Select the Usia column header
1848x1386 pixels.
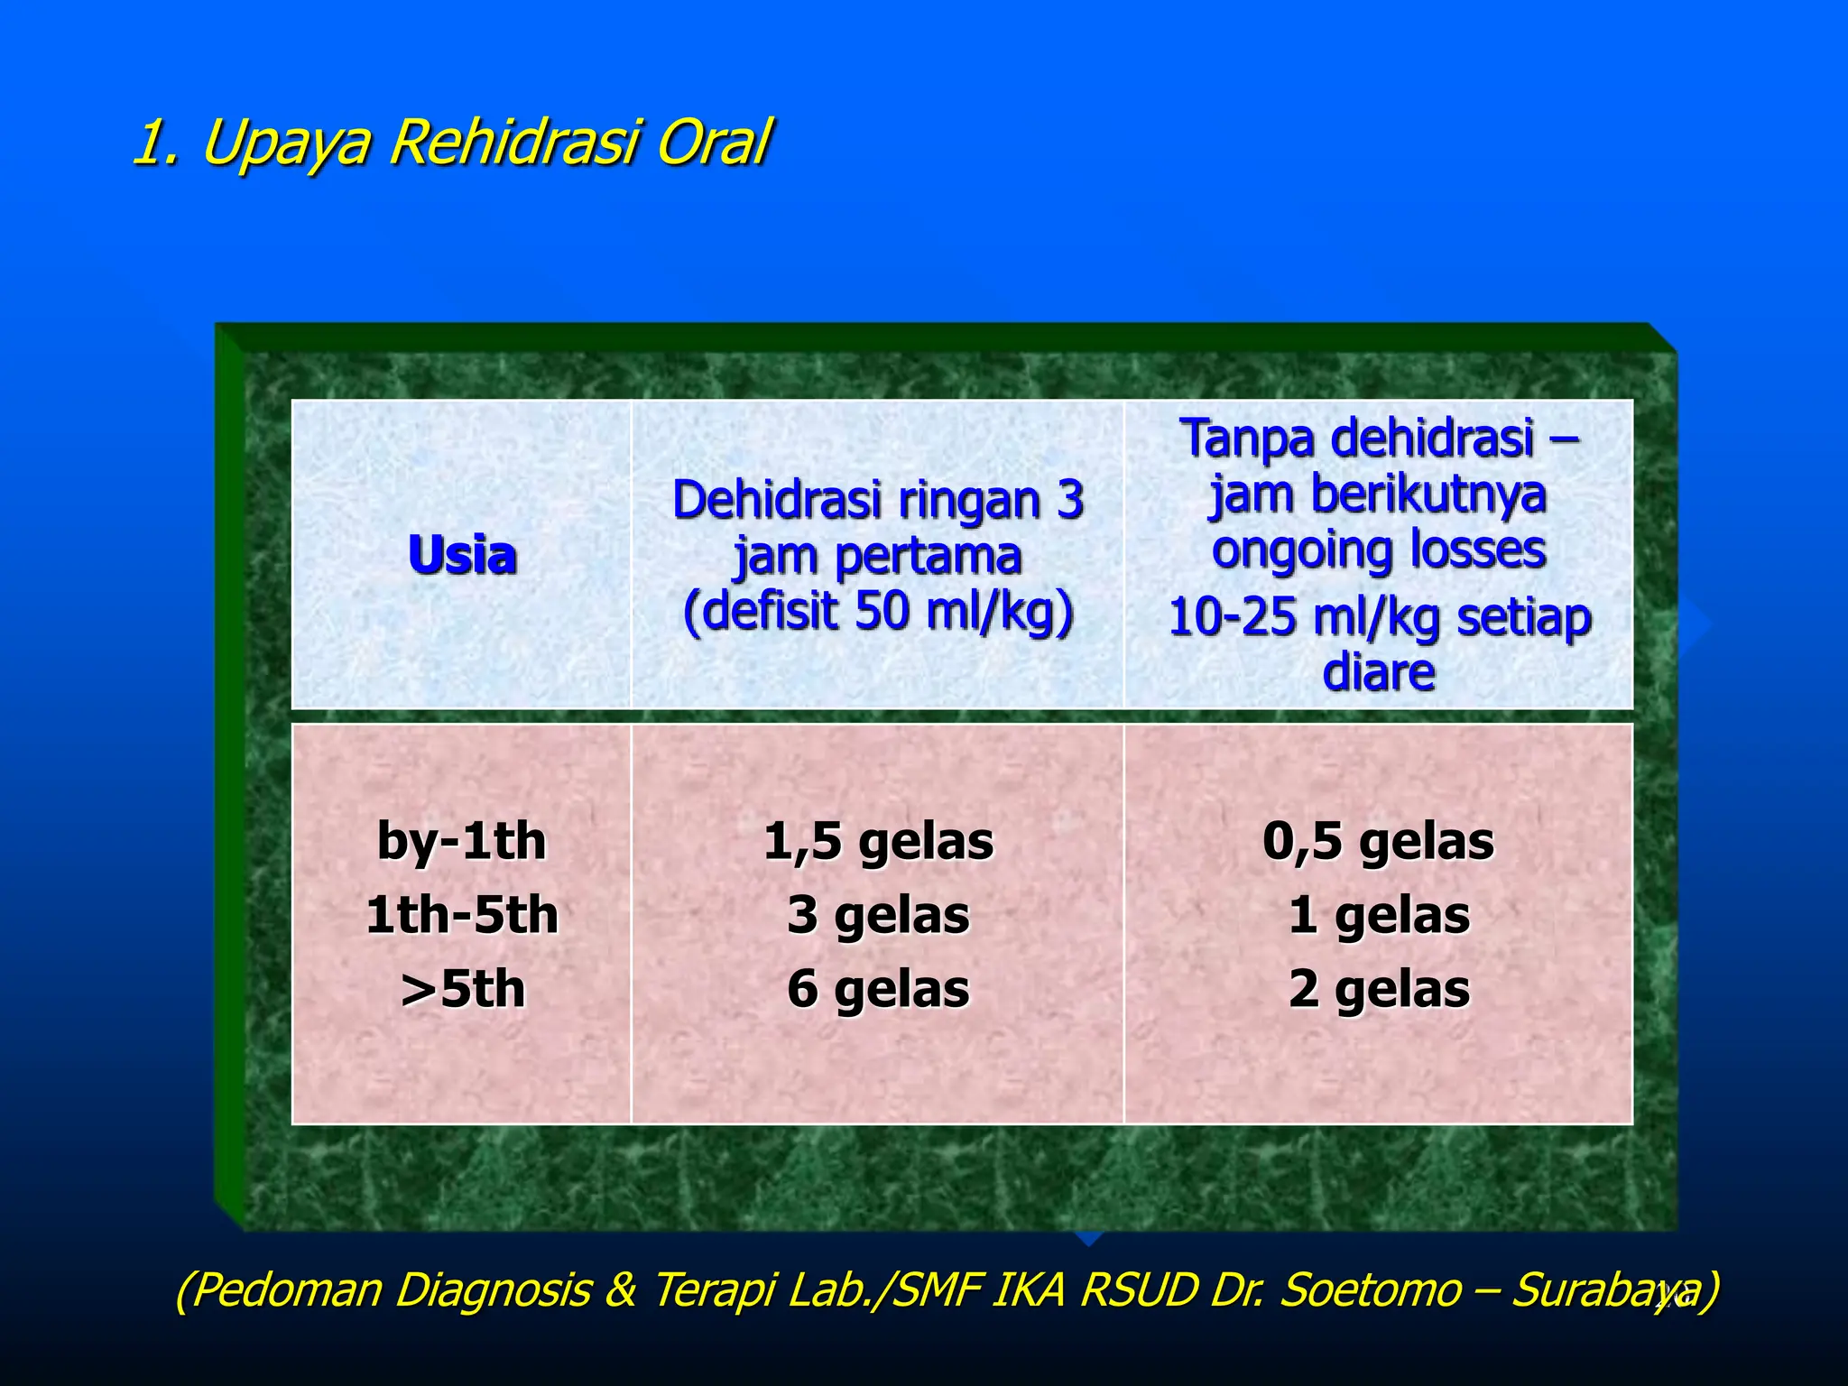pyautogui.click(x=462, y=554)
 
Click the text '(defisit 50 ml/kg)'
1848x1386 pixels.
pyautogui.click(x=878, y=611)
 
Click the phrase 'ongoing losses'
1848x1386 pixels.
pyautogui.click(x=1378, y=550)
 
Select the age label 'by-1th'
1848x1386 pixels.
pyautogui.click(x=462, y=841)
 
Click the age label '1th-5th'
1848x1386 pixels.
pyautogui.click(x=462, y=915)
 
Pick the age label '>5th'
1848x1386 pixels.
pyautogui.click(x=462, y=989)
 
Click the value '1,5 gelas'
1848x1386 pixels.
pyautogui.click(x=878, y=841)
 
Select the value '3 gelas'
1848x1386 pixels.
pyautogui.click(x=878, y=915)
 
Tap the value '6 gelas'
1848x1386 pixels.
pyautogui.click(x=878, y=989)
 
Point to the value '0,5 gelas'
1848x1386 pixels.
pyautogui.click(x=1378, y=841)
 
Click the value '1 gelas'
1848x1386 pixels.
pyautogui.click(x=1378, y=915)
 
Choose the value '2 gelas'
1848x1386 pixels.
pyautogui.click(x=1378, y=989)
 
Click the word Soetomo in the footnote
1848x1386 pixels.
pyautogui.click(x=1371, y=1289)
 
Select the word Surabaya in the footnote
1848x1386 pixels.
pyautogui.click(x=1603, y=1289)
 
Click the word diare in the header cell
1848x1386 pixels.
pyautogui.click(x=1378, y=673)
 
